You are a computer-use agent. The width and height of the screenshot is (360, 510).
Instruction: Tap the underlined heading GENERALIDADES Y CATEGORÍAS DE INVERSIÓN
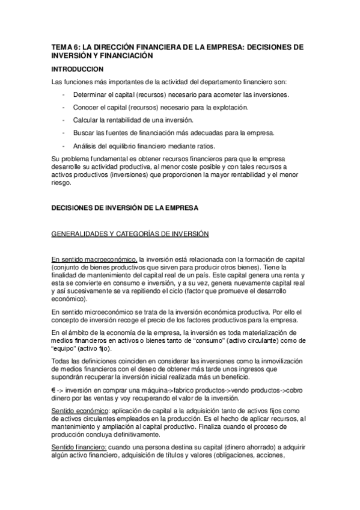pos(130,233)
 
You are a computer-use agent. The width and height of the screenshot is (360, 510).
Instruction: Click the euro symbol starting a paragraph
pos(55,390)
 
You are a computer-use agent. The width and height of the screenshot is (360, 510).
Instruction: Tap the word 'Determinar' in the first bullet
pos(90,95)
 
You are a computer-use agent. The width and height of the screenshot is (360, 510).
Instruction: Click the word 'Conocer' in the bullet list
pos(85,107)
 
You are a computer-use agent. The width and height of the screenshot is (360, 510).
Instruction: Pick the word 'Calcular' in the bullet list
pos(86,120)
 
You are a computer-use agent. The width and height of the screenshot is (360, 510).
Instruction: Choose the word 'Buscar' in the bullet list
pos(84,132)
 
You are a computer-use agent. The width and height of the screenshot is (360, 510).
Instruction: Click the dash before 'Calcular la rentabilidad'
pos(64,120)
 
